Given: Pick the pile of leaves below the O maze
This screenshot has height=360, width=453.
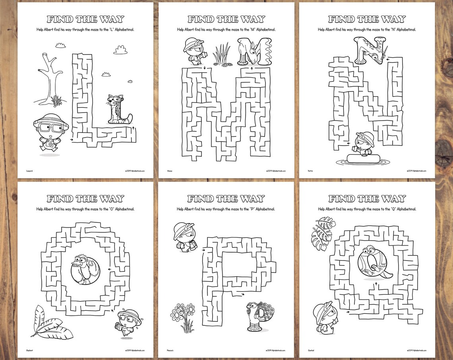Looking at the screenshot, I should (47, 322).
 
